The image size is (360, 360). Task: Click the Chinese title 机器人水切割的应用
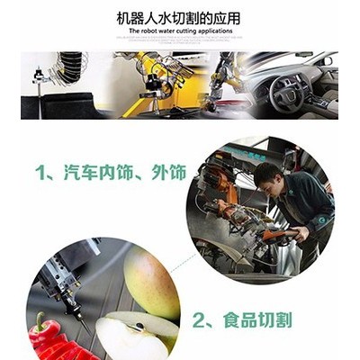tap(178, 18)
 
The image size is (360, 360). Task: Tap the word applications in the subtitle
tap(215, 31)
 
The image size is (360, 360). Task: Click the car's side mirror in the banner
tap(328, 61)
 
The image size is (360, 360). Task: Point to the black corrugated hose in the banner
tap(70, 67)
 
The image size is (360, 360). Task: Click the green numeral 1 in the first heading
tap(40, 172)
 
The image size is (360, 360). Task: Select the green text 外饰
tap(169, 172)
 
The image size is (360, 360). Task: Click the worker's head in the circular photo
tap(268, 180)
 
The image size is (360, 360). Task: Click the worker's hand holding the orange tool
tap(301, 234)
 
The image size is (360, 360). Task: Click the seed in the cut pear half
tap(139, 325)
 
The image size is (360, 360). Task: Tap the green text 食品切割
tap(257, 320)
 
